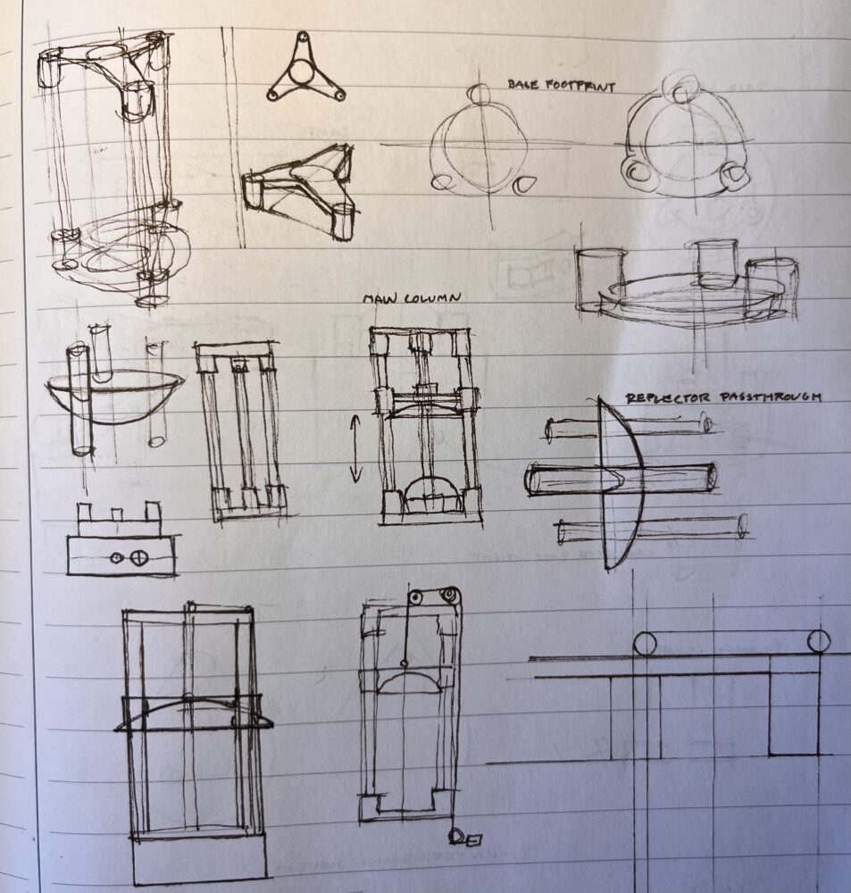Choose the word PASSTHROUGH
point(769,396)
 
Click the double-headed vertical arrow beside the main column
point(355,449)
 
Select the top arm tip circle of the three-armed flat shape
point(303,37)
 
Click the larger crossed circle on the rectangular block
point(138,557)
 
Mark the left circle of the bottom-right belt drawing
point(644,644)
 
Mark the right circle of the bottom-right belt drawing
point(819,640)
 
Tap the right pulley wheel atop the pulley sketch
point(452,595)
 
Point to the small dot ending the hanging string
point(404,663)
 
